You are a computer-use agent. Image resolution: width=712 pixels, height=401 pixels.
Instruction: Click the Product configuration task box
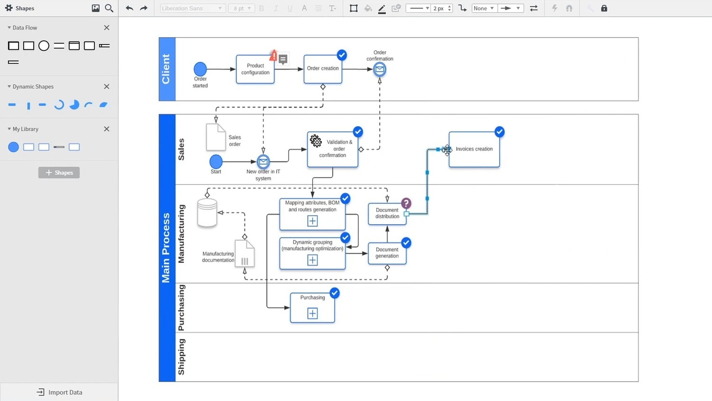pyautogui.click(x=255, y=69)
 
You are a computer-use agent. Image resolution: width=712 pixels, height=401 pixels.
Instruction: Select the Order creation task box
pyautogui.click(x=323, y=69)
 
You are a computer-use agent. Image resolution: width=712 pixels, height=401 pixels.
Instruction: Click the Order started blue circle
pyautogui.click(x=200, y=69)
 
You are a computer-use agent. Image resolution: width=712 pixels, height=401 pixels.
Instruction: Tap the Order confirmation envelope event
pyautogui.click(x=380, y=70)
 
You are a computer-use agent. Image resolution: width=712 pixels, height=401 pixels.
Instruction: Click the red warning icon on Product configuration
pyautogui.click(x=273, y=56)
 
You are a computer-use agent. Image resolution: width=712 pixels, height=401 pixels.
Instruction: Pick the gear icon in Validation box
pyautogui.click(x=316, y=141)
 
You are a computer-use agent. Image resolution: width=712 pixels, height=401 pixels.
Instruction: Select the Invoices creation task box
pyautogui.click(x=474, y=149)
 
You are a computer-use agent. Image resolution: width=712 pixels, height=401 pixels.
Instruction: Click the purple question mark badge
pyautogui.click(x=406, y=203)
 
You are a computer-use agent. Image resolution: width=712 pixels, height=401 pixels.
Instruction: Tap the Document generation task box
pyautogui.click(x=387, y=253)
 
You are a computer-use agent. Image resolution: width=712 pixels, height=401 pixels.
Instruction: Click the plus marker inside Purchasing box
pyautogui.click(x=312, y=314)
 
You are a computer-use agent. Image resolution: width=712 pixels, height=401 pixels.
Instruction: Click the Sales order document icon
pyautogui.click(x=215, y=137)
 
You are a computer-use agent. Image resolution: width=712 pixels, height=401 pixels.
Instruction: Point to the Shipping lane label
pyautogui.click(x=181, y=357)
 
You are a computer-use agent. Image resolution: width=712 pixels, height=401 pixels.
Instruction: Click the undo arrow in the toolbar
pyautogui.click(x=129, y=8)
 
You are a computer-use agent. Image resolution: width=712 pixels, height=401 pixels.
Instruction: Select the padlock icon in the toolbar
pyautogui.click(x=604, y=8)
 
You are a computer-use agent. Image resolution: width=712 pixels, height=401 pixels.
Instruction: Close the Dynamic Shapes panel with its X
pyautogui.click(x=106, y=86)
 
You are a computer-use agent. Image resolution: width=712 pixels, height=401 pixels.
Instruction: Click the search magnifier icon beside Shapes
pyautogui.click(x=109, y=8)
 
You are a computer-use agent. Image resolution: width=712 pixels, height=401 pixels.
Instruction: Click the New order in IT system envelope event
pyautogui.click(x=263, y=162)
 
